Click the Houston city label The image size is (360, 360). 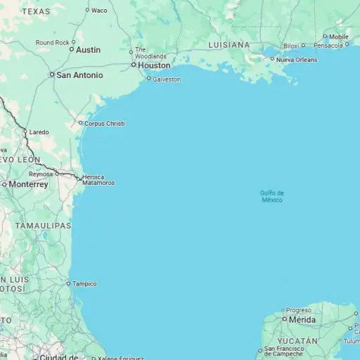point(154,65)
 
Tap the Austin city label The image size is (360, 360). point(88,50)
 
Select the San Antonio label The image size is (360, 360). point(79,75)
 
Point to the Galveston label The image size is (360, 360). point(167,79)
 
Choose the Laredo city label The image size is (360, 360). point(39,131)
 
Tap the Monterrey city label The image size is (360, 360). point(28,184)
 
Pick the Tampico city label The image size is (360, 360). point(84,284)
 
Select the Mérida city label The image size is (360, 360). point(303,319)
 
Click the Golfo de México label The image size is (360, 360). point(272,196)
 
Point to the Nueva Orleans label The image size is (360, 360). point(297,60)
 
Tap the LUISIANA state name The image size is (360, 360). point(229,44)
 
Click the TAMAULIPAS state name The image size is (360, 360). point(44,226)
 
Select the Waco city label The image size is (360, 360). point(99,11)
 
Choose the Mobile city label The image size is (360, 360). point(338,37)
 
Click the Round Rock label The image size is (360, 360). point(53,42)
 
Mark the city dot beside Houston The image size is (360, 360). point(133,65)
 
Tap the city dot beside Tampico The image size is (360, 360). point(68,284)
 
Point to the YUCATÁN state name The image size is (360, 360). point(297,341)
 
